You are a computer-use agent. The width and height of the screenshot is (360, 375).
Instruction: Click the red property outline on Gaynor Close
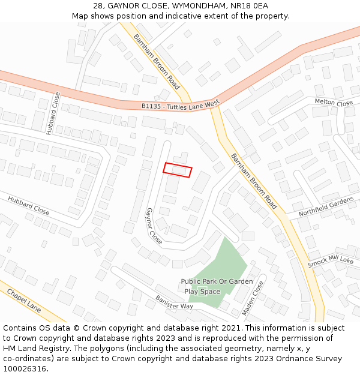click(178, 170)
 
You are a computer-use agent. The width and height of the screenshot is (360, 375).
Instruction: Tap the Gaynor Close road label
click(154, 226)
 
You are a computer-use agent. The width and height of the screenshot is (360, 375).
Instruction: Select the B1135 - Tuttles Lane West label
click(180, 105)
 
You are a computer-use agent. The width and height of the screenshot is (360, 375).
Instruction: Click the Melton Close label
click(334, 103)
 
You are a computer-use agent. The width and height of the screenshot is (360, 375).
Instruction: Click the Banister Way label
click(174, 302)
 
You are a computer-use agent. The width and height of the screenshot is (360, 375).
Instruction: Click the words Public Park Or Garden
click(217, 281)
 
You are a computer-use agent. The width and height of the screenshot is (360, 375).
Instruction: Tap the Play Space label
click(202, 292)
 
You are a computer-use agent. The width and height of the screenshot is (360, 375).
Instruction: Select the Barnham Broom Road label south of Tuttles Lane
click(254, 181)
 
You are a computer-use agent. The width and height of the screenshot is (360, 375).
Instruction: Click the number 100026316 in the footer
click(25, 368)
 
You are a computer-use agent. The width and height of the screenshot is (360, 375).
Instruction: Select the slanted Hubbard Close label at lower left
click(29, 205)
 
